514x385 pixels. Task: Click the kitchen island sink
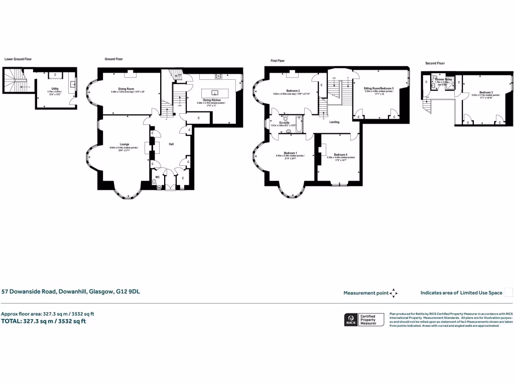[x=214, y=93]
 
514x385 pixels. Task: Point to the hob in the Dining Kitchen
[x=218, y=76]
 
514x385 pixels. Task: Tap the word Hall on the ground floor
[x=171, y=144]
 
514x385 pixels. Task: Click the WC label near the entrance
[x=157, y=177]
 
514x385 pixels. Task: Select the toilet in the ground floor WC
[x=160, y=186]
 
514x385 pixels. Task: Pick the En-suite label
[x=284, y=122]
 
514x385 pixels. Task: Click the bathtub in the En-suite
[x=299, y=123]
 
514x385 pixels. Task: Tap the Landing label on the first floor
[x=334, y=122]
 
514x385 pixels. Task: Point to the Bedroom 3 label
[x=485, y=92]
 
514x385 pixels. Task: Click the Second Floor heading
[x=434, y=63]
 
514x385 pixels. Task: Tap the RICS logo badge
[x=350, y=319]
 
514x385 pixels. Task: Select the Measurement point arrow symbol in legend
[x=394, y=293]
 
